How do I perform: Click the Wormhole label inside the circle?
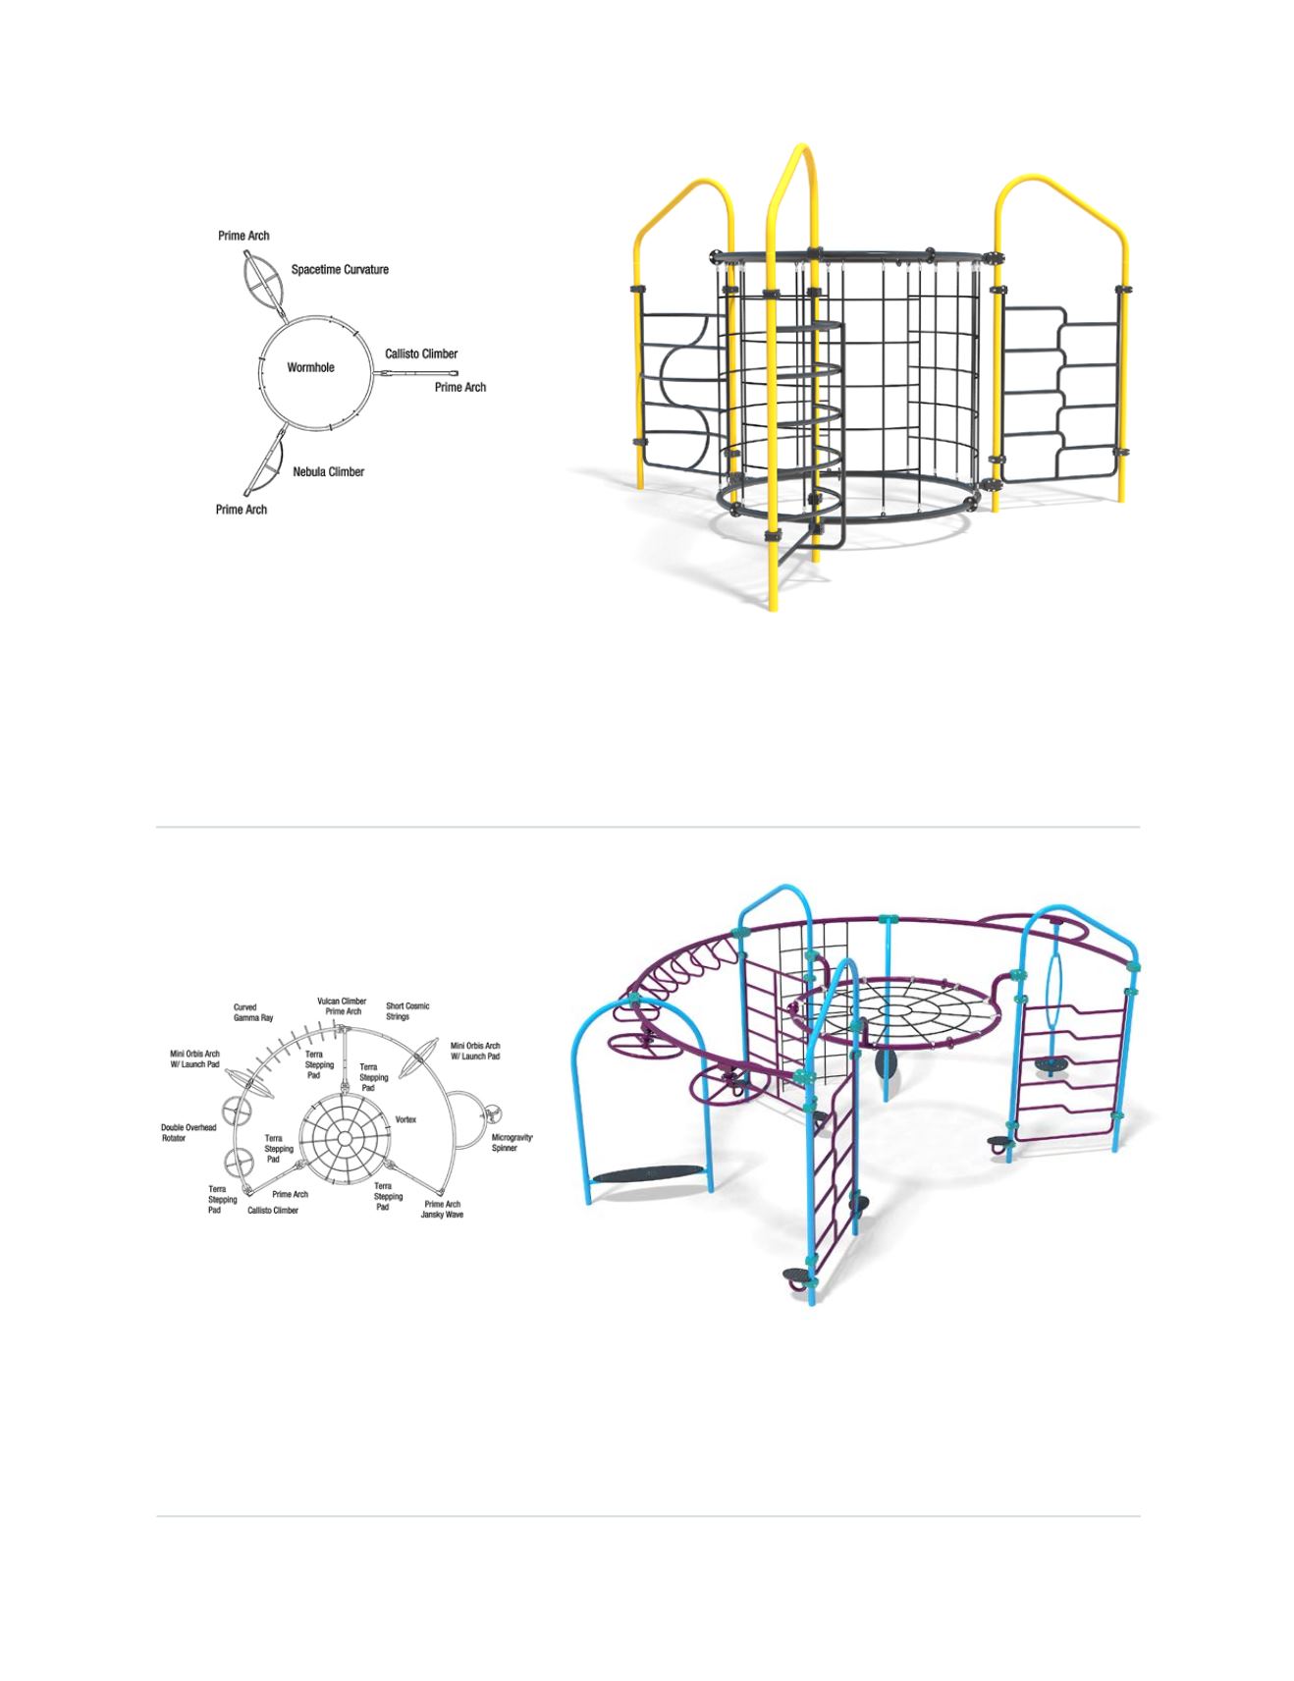(x=310, y=367)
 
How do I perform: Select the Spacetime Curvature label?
(x=340, y=269)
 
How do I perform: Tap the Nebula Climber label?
(x=328, y=471)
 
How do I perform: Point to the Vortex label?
(x=405, y=1119)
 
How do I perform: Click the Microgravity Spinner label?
(x=512, y=1142)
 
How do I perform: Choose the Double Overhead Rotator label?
(x=189, y=1132)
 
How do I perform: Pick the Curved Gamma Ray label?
(x=253, y=1012)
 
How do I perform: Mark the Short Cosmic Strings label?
(x=407, y=1011)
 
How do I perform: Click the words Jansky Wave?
(x=442, y=1215)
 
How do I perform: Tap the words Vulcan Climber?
(x=342, y=1002)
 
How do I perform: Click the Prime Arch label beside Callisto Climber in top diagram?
(x=460, y=387)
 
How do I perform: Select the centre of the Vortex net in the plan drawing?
(x=346, y=1138)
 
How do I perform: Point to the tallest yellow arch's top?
(x=802, y=149)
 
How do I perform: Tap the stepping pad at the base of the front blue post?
(x=797, y=1277)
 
